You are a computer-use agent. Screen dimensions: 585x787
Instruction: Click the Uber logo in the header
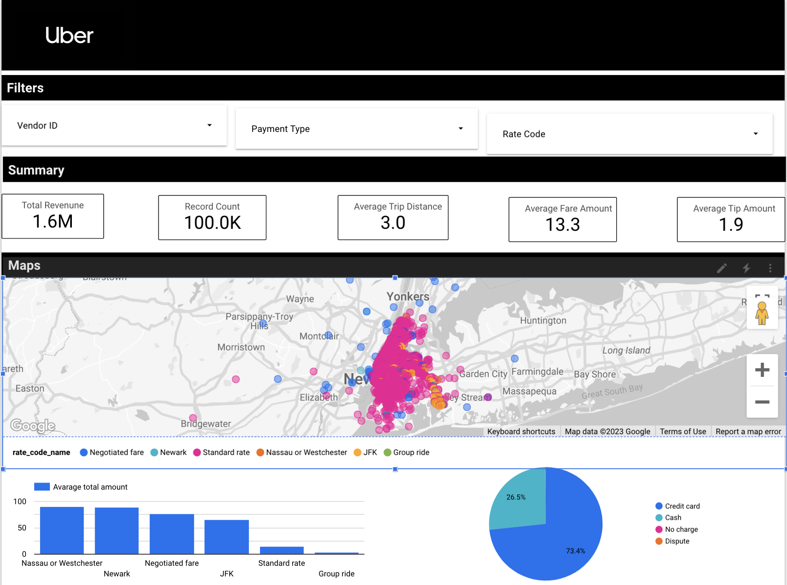(69, 35)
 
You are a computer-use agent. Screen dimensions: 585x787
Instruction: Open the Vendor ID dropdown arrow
(209, 125)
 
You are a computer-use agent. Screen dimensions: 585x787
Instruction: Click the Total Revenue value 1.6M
(53, 221)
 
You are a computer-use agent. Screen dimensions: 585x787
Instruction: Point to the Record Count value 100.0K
(212, 223)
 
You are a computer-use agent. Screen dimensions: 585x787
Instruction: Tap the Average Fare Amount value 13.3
(562, 225)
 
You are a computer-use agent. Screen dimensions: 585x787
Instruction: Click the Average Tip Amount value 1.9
(730, 225)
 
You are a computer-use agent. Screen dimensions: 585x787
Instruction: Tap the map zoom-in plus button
(762, 370)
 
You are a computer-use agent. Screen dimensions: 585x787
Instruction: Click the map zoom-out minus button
(762, 402)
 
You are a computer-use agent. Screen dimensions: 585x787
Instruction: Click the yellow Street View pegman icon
(761, 313)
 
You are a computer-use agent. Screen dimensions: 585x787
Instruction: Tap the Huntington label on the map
(543, 320)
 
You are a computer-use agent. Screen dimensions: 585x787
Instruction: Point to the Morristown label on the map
(241, 347)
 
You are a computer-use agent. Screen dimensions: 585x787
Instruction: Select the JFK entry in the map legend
(366, 452)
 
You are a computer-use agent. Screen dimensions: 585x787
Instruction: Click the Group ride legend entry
(407, 452)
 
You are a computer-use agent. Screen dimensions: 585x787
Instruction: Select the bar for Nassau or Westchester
(62, 530)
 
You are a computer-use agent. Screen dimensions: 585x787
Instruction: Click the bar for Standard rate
(282, 550)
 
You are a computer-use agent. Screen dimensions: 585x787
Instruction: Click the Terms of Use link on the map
(683, 431)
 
